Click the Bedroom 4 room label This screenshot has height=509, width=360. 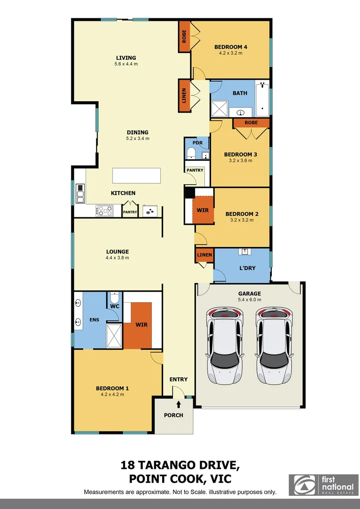[x=230, y=47]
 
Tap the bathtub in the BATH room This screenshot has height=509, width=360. [x=262, y=99]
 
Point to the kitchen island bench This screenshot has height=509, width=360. [x=136, y=176]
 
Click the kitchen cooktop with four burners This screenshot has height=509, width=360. [x=105, y=211]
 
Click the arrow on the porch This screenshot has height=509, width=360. [x=178, y=403]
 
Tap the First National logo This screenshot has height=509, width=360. [x=324, y=485]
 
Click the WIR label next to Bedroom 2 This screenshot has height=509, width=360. [x=203, y=210]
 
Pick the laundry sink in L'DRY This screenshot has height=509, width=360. [x=245, y=252]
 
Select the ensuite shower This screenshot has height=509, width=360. [x=114, y=335]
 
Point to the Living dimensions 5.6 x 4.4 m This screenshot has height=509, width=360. [x=125, y=64]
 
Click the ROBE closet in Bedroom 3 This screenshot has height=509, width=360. [x=252, y=123]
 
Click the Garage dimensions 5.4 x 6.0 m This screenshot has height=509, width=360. [x=249, y=299]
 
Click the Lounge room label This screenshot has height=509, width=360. [x=118, y=252]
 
